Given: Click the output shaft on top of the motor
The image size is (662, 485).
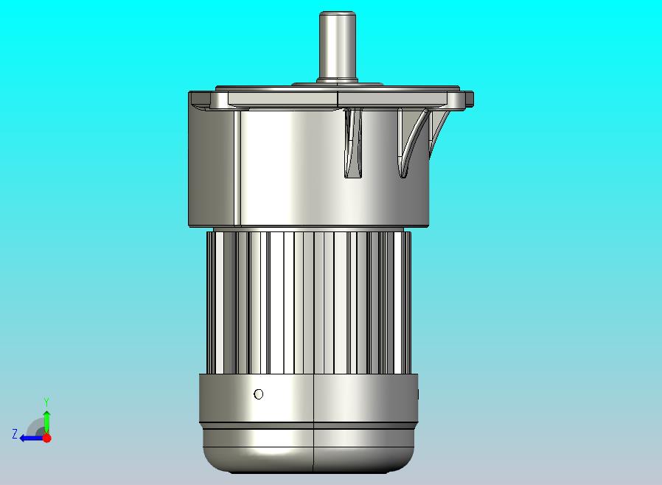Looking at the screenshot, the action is tap(337, 46).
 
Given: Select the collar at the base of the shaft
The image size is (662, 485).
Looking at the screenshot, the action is tap(338, 80).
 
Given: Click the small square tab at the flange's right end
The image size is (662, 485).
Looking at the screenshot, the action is tap(470, 100).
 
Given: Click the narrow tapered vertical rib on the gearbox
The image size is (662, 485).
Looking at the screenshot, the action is tap(353, 143).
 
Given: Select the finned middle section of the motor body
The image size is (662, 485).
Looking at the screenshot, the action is tap(309, 302).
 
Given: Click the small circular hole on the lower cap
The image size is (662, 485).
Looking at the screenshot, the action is tap(258, 394).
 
